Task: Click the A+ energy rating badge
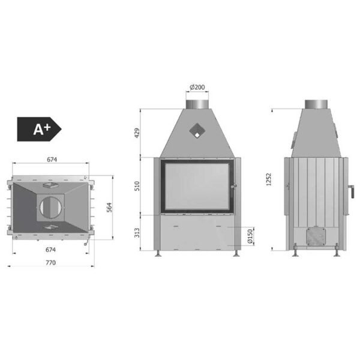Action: pyautogui.click(x=39, y=129)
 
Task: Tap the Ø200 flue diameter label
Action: pyautogui.click(x=197, y=87)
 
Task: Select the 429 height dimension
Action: pyautogui.click(x=137, y=133)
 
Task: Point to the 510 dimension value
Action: pyautogui.click(x=137, y=186)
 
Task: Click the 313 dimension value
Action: pyautogui.click(x=137, y=233)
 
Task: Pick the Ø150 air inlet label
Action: pyautogui.click(x=250, y=236)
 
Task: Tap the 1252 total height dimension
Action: pyautogui.click(x=268, y=179)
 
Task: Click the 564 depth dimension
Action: pyautogui.click(x=110, y=208)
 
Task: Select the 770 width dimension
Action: pyautogui.click(x=50, y=262)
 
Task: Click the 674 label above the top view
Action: pyautogui.click(x=52, y=160)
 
